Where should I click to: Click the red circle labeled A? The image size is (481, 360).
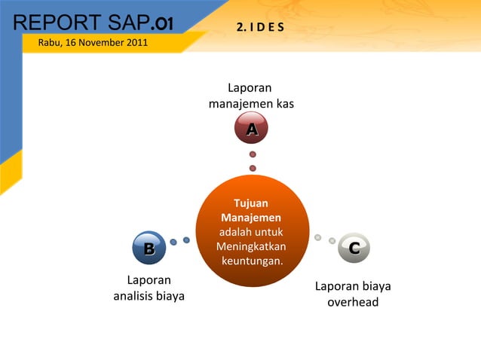point(253,130)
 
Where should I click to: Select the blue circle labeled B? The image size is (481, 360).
point(149,248)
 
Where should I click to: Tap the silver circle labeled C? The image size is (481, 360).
point(354,248)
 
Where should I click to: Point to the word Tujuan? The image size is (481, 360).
point(251,203)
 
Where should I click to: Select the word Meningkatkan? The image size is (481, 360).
point(251,246)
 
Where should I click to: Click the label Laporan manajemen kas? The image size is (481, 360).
point(251,96)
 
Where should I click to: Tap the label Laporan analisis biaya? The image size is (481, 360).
point(149,288)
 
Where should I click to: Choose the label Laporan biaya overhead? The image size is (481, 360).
point(353,294)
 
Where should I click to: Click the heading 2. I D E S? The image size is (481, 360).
point(259,28)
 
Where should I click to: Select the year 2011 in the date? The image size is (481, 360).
point(136,41)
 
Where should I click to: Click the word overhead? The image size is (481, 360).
point(353,302)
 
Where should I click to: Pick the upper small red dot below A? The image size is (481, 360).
point(253,154)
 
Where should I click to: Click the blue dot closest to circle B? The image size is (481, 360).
point(173,242)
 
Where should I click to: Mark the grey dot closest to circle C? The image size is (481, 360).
point(332,241)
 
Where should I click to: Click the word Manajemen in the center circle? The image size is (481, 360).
point(251,218)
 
